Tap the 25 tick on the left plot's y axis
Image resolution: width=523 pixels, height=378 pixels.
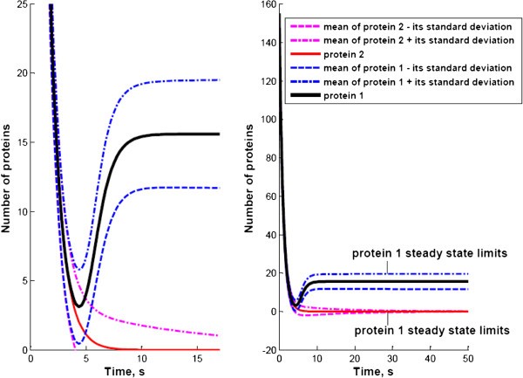point(23,5)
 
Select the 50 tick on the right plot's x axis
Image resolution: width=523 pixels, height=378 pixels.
point(467,358)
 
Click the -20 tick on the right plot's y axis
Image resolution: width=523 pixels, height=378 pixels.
point(265,349)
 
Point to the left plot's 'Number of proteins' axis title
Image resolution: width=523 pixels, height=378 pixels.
point(8,177)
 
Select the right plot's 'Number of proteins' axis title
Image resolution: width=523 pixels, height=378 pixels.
point(250,177)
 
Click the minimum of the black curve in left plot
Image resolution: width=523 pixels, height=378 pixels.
point(78,306)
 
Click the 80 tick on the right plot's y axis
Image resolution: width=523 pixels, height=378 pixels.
point(268,158)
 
